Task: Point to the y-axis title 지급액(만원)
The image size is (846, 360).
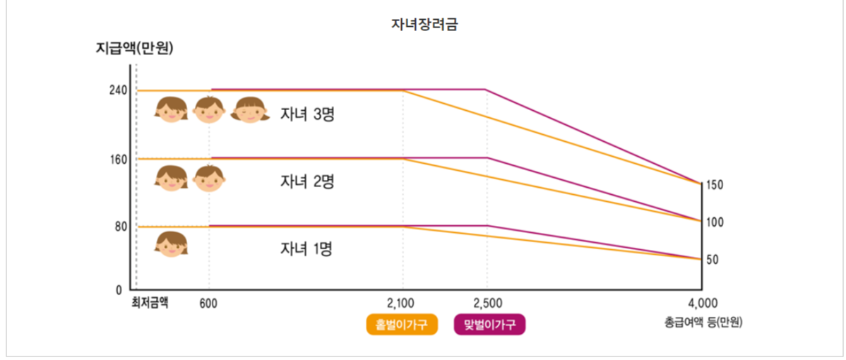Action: tap(134, 49)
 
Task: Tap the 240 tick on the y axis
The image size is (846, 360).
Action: tap(118, 90)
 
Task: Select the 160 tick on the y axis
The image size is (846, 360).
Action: tap(118, 159)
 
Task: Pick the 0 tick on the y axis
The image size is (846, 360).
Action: tap(121, 289)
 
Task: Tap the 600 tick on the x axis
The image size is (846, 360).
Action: tap(208, 304)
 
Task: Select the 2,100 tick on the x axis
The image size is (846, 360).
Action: tap(403, 304)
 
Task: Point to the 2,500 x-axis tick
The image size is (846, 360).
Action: tap(487, 304)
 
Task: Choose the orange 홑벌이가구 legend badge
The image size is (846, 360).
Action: tap(402, 325)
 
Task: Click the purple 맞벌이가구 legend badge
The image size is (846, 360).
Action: tap(490, 325)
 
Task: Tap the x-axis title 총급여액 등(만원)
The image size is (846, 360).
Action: tap(704, 323)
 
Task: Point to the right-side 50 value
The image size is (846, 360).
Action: tap(712, 260)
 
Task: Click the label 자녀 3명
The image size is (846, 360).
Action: tap(306, 114)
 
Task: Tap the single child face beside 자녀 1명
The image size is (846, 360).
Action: tap(172, 244)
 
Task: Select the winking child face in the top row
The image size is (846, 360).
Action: tap(251, 109)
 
